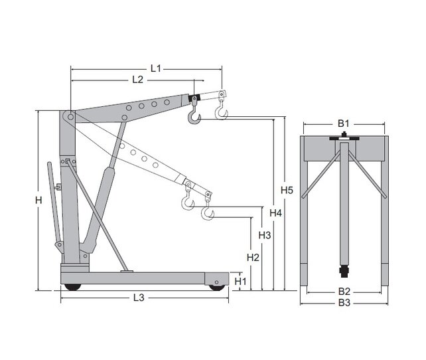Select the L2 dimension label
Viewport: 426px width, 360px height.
[x=137, y=80]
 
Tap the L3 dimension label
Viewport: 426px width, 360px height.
[x=139, y=298]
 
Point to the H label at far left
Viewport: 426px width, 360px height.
[x=38, y=200]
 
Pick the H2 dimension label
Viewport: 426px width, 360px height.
[x=252, y=256]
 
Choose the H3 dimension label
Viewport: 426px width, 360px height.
[x=264, y=236]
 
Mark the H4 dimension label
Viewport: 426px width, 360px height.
[x=276, y=213]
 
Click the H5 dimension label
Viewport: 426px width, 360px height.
[x=287, y=191]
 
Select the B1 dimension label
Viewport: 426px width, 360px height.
[x=343, y=124]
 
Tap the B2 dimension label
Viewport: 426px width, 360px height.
[x=344, y=291]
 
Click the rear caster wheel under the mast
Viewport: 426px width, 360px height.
[x=71, y=286]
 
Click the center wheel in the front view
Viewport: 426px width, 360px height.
[x=344, y=272]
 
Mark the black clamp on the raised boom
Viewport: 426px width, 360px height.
[x=194, y=100]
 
